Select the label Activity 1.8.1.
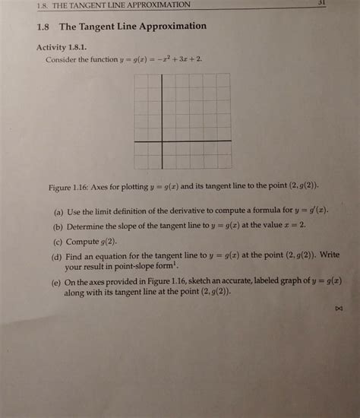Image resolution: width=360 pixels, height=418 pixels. tap(65, 47)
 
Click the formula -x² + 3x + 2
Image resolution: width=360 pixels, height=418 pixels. tap(178, 59)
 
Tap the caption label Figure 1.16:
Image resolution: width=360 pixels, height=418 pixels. tap(68, 185)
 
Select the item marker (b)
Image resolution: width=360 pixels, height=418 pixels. tap(58, 226)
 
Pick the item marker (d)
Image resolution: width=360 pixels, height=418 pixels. tap(57, 256)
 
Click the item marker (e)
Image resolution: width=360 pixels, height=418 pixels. tap(57, 280)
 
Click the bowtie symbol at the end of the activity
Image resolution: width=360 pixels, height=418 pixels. tap(339, 309)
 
